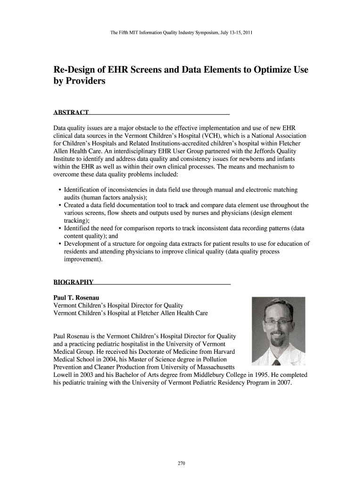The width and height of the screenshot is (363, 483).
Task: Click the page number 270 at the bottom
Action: coord(181,464)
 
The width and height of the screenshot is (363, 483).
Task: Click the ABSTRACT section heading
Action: coord(71,112)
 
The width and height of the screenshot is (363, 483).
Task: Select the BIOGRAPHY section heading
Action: coord(73,283)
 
